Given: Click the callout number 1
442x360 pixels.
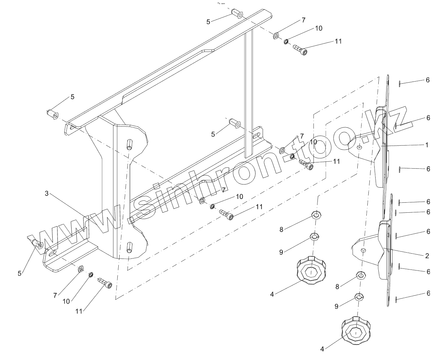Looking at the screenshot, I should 427,145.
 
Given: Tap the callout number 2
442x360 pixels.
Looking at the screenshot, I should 427,256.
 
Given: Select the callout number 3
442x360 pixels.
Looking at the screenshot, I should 47,193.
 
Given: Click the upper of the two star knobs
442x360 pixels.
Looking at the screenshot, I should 311,270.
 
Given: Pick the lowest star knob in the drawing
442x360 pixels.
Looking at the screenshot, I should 356,329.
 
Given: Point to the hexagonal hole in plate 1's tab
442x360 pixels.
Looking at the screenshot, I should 359,147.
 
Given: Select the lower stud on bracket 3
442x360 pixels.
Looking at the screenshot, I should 129,247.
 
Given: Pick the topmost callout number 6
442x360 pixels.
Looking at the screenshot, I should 428,80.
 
